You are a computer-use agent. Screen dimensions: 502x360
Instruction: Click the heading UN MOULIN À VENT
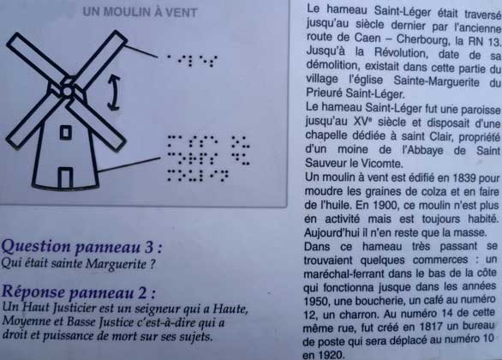(x=140, y=12)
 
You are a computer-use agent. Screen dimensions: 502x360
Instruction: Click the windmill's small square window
(x=66, y=132)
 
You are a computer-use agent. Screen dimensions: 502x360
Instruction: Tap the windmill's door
(x=65, y=177)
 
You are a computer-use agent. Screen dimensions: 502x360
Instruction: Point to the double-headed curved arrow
(x=114, y=93)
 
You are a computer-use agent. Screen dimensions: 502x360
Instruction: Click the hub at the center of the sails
(x=68, y=91)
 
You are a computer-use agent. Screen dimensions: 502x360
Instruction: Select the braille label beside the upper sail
(x=192, y=60)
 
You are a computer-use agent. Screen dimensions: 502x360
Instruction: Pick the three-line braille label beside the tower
(x=208, y=159)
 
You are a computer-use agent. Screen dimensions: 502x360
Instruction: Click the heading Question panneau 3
(x=81, y=247)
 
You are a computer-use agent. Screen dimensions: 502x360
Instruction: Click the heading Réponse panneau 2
(x=79, y=291)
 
